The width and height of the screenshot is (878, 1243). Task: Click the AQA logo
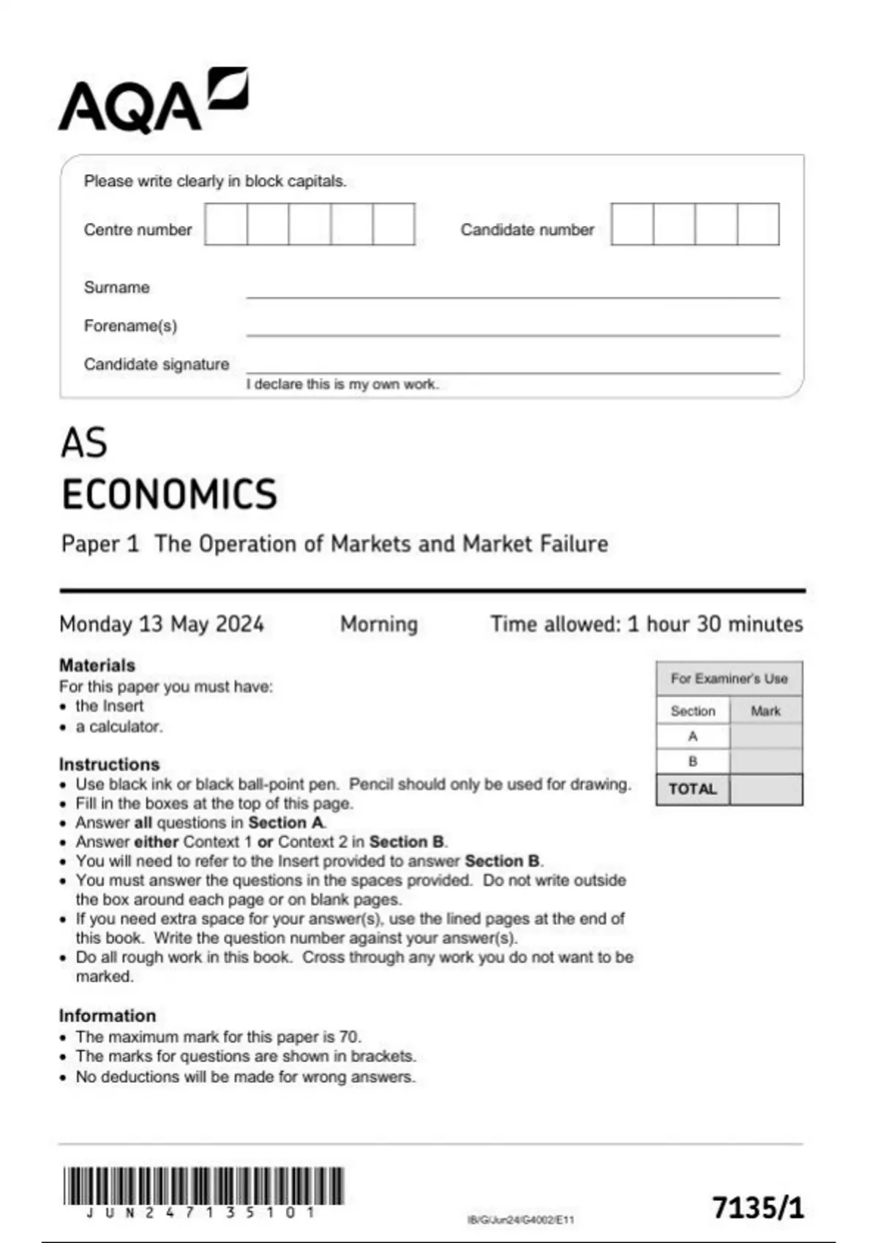click(x=153, y=102)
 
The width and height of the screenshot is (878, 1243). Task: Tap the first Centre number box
click(x=226, y=224)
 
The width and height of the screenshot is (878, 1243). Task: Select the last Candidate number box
click(x=758, y=224)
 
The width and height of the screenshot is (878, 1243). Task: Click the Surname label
click(x=116, y=287)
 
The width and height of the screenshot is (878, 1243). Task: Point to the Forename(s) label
click(x=130, y=325)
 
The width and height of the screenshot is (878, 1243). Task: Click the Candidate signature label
click(x=156, y=364)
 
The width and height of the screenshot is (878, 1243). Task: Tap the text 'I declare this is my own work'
click(x=342, y=385)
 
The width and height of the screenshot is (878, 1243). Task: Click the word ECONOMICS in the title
click(x=169, y=494)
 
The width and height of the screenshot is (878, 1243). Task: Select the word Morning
click(x=379, y=624)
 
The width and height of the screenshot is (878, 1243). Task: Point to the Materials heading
click(x=97, y=665)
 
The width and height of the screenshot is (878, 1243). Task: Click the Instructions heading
click(x=109, y=764)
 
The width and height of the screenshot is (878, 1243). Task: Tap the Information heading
click(x=108, y=1016)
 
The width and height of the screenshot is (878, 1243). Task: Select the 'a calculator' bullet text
click(x=119, y=727)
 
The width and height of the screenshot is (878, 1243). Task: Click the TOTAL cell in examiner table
click(x=692, y=790)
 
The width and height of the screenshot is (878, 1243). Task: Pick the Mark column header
click(x=765, y=711)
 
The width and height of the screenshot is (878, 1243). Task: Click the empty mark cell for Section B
click(x=765, y=761)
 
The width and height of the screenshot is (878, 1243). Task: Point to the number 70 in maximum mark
click(x=348, y=1037)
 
